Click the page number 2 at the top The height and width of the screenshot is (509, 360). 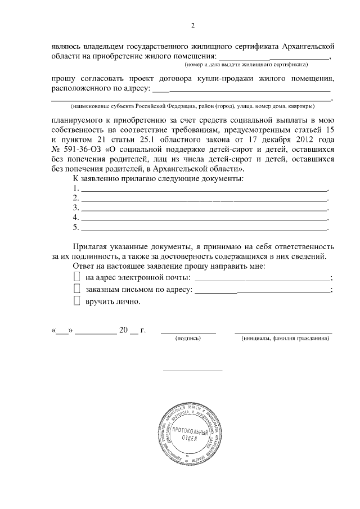193,25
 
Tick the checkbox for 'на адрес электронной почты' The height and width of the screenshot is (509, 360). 78,277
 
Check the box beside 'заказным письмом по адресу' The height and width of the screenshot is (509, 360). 78,289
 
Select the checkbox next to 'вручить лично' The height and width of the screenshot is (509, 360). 78,301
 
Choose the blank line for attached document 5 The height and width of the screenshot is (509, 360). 204,229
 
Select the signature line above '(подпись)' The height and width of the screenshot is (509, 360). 188,332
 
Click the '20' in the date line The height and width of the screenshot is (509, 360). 124,330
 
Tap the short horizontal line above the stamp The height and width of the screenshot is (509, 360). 192,370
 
